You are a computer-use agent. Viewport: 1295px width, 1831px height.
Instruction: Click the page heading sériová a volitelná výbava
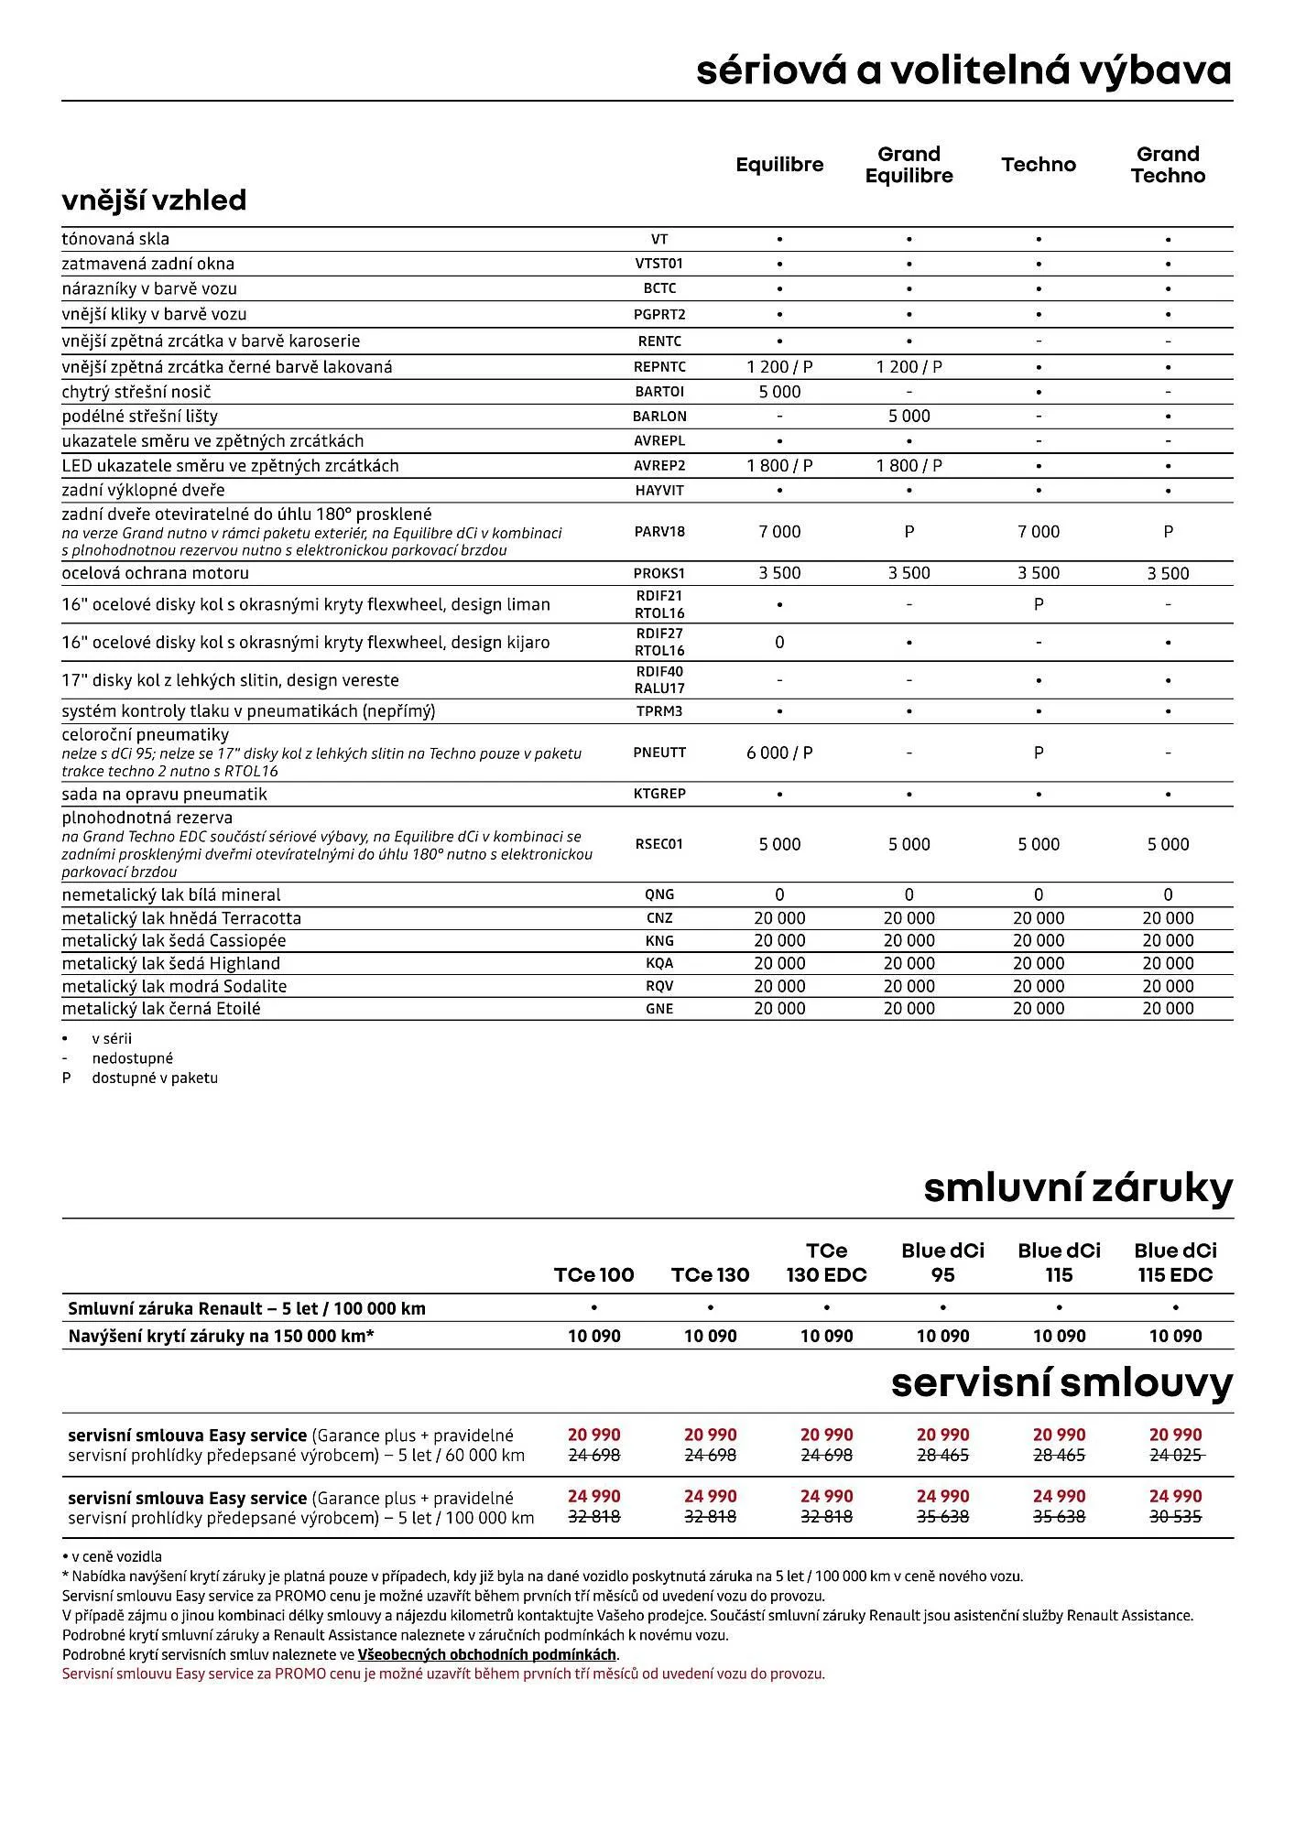(963, 70)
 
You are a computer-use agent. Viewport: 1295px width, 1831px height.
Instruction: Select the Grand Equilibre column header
(909, 165)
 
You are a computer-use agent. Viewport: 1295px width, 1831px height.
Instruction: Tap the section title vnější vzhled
(154, 200)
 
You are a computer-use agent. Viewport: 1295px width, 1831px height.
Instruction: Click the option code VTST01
(658, 264)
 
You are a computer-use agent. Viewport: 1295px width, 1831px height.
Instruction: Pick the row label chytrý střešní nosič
(136, 392)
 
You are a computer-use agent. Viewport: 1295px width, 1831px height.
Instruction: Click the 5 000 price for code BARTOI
(779, 392)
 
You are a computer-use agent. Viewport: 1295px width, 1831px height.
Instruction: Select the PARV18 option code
(658, 531)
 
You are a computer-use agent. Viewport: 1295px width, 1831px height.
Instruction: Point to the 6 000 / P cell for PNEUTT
(779, 753)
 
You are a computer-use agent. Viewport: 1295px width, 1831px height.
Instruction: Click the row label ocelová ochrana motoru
(155, 573)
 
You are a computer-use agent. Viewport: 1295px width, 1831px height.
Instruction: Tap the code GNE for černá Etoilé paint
(658, 1009)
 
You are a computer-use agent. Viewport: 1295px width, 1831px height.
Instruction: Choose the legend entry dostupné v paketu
(154, 1078)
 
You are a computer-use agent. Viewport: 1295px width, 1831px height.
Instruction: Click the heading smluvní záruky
(1078, 1188)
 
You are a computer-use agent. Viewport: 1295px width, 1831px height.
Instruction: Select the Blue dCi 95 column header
(942, 1262)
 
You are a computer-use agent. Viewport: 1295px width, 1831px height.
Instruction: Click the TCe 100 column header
(593, 1274)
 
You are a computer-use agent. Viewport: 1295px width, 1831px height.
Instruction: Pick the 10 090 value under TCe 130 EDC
(826, 1336)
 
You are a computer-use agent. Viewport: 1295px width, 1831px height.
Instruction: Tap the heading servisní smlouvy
(1061, 1382)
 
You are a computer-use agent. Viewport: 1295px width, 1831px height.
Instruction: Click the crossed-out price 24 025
(1175, 1455)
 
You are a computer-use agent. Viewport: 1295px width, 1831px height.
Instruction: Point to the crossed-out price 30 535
(1175, 1517)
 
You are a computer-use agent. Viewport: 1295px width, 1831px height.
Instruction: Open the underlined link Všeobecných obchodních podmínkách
(486, 1654)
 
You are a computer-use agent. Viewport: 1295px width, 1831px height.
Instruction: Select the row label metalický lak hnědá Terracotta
(181, 918)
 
